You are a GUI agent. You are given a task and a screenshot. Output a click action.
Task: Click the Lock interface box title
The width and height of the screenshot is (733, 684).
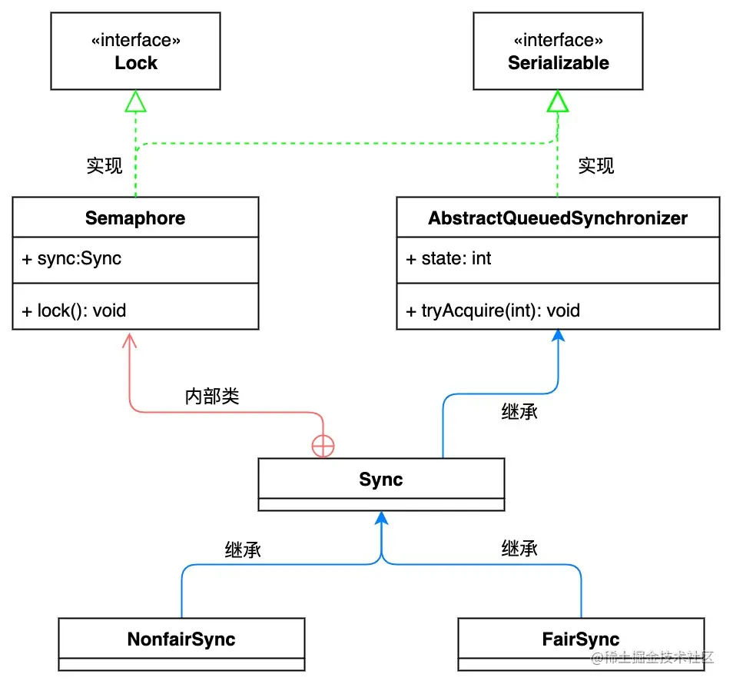[136, 63]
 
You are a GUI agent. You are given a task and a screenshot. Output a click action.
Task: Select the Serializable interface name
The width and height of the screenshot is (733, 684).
[558, 63]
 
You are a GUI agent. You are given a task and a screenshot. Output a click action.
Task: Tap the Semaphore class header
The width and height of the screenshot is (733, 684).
[135, 218]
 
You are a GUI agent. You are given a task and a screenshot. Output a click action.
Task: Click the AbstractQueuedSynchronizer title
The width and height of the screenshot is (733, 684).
[558, 218]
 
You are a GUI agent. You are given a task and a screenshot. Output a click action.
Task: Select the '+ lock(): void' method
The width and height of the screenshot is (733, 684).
[74, 310]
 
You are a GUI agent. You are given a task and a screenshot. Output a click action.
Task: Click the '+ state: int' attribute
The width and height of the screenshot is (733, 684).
[448, 258]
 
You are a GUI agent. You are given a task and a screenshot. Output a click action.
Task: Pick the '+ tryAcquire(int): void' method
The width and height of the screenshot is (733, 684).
[493, 310]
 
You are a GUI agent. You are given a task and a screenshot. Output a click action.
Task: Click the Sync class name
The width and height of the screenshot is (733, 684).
[381, 480]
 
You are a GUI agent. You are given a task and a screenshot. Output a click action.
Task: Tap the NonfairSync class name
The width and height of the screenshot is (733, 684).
[181, 639]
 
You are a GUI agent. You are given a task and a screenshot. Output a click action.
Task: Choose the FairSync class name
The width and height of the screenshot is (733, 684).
[581, 639]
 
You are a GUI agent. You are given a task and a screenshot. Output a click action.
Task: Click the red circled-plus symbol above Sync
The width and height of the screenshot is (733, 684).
[323, 447]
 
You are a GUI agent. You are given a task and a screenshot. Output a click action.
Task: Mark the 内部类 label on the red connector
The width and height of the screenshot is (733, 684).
[212, 397]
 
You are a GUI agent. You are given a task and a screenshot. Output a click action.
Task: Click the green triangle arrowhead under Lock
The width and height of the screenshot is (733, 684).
[136, 100]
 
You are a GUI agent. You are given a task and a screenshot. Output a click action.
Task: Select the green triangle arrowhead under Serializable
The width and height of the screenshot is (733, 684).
[558, 100]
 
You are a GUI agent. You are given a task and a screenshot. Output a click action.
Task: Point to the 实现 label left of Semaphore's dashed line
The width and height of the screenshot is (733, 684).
[104, 166]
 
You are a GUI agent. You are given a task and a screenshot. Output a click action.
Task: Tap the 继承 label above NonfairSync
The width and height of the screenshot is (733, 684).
[243, 550]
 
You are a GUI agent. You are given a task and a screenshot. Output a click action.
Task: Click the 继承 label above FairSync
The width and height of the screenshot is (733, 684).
[519, 548]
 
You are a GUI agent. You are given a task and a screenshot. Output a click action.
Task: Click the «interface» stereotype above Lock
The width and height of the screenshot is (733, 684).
[136, 40]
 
